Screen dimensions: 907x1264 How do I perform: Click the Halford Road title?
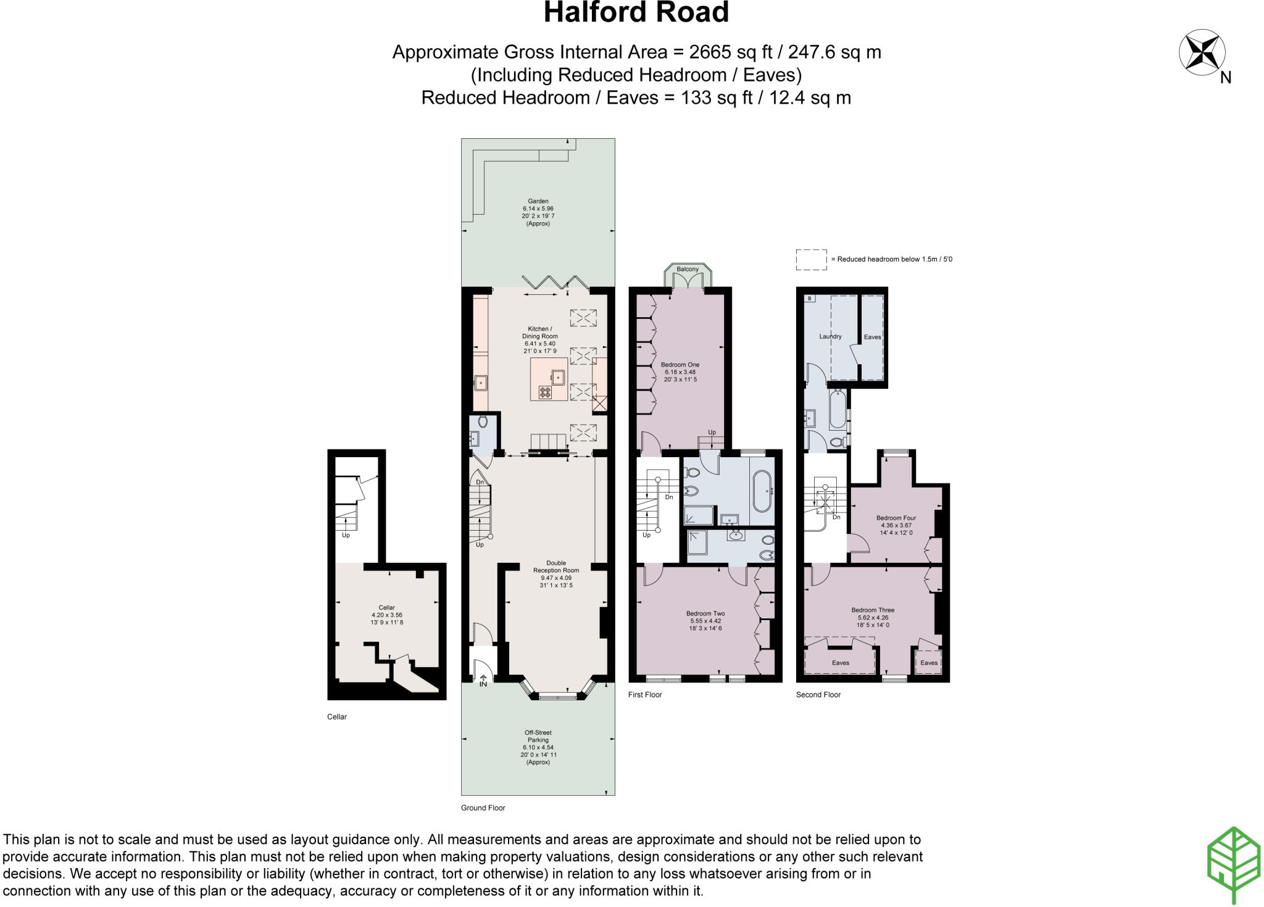tap(636, 13)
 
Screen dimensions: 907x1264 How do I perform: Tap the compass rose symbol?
tap(1202, 54)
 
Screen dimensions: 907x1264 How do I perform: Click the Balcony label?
tap(688, 270)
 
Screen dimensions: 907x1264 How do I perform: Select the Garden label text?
tap(538, 212)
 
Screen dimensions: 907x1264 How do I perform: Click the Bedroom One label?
tap(680, 372)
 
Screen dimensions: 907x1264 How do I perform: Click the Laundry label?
tap(830, 337)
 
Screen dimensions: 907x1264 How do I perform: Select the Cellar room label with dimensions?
tap(387, 615)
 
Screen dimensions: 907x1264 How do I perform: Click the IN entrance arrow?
tap(483, 681)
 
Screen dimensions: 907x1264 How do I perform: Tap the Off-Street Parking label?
tap(538, 747)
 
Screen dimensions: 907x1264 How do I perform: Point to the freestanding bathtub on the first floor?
tap(761, 491)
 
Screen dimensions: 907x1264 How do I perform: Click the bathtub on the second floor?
tap(838, 410)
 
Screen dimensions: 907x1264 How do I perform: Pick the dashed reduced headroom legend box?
tap(811, 260)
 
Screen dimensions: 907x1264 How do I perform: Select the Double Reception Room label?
tap(556, 574)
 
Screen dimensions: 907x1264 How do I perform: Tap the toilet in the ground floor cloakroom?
tap(483, 422)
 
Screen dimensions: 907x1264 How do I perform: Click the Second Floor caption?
tap(818, 695)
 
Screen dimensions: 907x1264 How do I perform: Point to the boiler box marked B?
tap(810, 299)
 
